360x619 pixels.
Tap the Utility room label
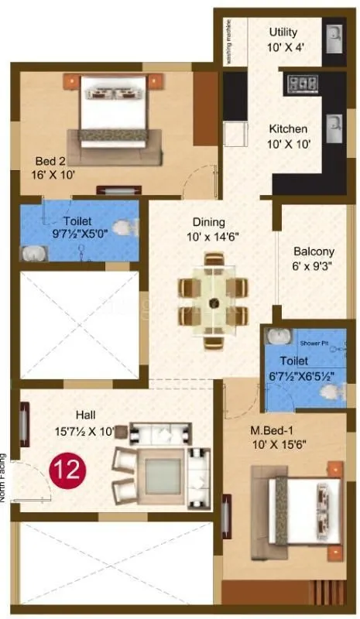283,32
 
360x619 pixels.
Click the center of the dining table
212,300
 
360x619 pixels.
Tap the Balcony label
314,251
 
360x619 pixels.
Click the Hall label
86,414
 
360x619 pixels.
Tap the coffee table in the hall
163,471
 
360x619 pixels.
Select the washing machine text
228,43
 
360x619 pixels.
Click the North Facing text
5,477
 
